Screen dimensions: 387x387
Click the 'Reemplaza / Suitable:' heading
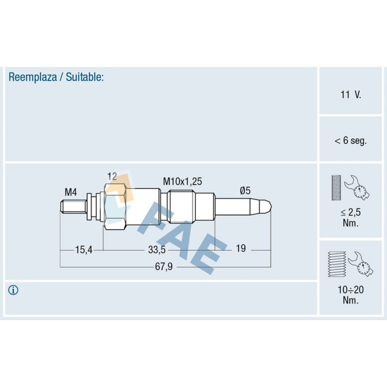[56, 77]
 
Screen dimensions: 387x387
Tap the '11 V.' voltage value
[351, 95]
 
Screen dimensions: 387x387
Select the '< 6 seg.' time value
[351, 141]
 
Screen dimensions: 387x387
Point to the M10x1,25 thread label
[182, 181]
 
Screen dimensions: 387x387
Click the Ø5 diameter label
[245, 190]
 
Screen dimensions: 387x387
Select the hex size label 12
[112, 176]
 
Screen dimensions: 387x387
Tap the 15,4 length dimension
[84, 250]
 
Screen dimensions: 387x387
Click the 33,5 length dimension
[157, 250]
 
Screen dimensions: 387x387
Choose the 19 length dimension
[241, 248]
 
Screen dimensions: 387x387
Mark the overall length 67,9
[164, 267]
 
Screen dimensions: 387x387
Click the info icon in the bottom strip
[14, 290]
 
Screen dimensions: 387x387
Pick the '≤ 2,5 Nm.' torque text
[351, 217]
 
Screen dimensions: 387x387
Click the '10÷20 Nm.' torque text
[351, 295]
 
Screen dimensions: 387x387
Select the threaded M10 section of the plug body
[182, 206]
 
